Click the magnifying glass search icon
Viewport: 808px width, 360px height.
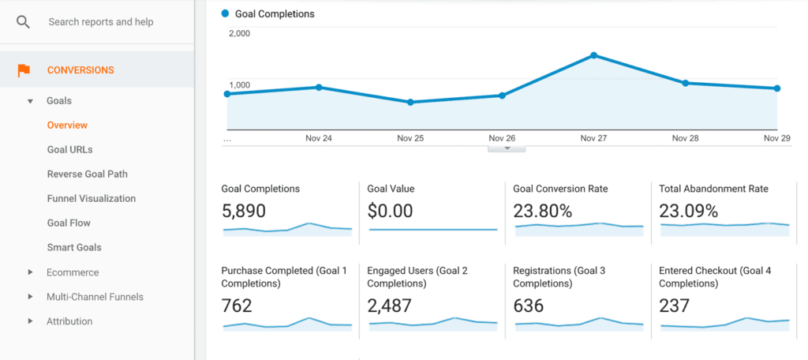(x=23, y=22)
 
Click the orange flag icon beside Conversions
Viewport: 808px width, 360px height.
(x=24, y=70)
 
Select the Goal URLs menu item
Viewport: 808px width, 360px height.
(x=69, y=150)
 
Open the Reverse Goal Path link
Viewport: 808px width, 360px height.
(x=87, y=174)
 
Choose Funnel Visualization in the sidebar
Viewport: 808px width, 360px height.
(x=91, y=199)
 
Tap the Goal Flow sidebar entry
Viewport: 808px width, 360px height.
(x=69, y=223)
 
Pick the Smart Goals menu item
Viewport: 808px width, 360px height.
(x=74, y=248)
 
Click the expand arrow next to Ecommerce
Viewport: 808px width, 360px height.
(x=30, y=272)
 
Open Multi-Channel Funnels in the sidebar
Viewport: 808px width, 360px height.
(x=95, y=297)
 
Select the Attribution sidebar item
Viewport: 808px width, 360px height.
(x=69, y=321)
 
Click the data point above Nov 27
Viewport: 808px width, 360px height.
(x=593, y=55)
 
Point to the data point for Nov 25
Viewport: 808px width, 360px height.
(x=410, y=103)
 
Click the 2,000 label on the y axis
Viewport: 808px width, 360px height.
(x=240, y=34)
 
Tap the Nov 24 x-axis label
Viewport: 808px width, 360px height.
(x=318, y=138)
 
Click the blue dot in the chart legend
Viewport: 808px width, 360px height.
(x=226, y=13)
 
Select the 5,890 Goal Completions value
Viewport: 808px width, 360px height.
(x=244, y=211)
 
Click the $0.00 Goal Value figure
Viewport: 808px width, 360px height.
(x=390, y=211)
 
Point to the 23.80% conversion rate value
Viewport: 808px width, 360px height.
(x=542, y=211)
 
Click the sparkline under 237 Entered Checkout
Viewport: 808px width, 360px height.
(x=724, y=322)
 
